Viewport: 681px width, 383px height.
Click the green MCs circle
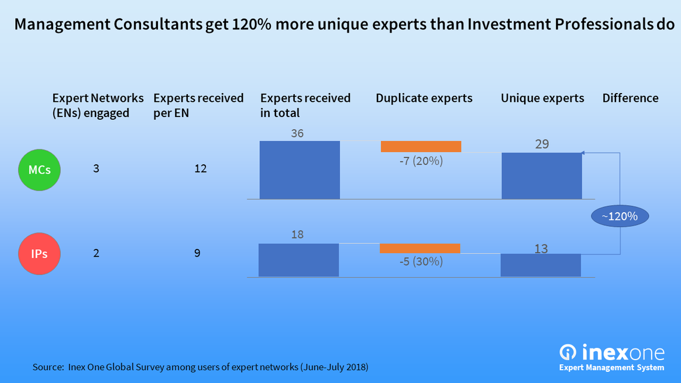tap(39, 170)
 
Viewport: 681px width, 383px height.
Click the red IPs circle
tap(39, 254)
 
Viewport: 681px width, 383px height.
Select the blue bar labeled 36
tap(300, 170)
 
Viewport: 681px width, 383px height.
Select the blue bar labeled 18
tap(298, 260)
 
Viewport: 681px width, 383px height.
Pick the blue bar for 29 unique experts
tap(542, 175)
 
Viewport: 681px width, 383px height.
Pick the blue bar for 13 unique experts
tap(541, 265)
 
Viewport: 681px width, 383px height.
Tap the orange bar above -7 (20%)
tap(421, 146)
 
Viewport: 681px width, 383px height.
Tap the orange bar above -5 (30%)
tap(419, 249)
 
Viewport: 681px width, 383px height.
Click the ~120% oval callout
tap(619, 216)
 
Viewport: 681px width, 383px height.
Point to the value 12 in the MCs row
tap(200, 169)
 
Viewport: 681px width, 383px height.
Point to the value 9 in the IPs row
tap(197, 253)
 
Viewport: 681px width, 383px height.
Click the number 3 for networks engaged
tap(96, 169)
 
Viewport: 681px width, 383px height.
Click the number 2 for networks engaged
tap(96, 253)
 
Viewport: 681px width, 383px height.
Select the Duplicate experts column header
tap(424, 98)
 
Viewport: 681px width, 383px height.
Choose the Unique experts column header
tap(542, 98)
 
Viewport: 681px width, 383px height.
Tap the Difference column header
tap(630, 98)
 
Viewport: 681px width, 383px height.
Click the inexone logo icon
tap(568, 352)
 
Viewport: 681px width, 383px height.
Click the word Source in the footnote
tap(47, 368)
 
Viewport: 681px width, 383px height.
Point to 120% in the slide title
tap(252, 25)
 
